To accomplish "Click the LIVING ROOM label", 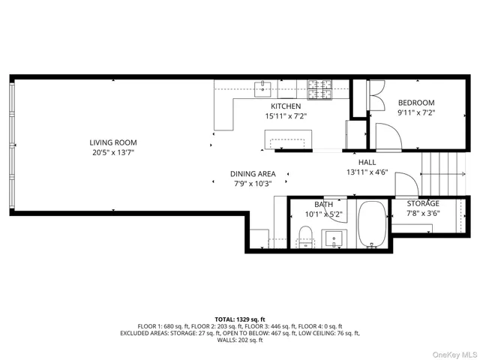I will tap(113, 142).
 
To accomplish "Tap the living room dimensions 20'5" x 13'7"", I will tap(113, 153).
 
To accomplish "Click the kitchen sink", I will tap(262, 88).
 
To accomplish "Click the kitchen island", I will tap(289, 139).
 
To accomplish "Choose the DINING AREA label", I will tap(253, 173).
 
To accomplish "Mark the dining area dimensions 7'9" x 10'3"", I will tap(253, 184).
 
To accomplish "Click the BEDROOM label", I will tap(416, 103).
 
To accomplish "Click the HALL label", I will tap(367, 162).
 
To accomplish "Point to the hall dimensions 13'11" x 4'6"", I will tap(367, 172).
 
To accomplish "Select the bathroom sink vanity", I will tap(334, 239).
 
